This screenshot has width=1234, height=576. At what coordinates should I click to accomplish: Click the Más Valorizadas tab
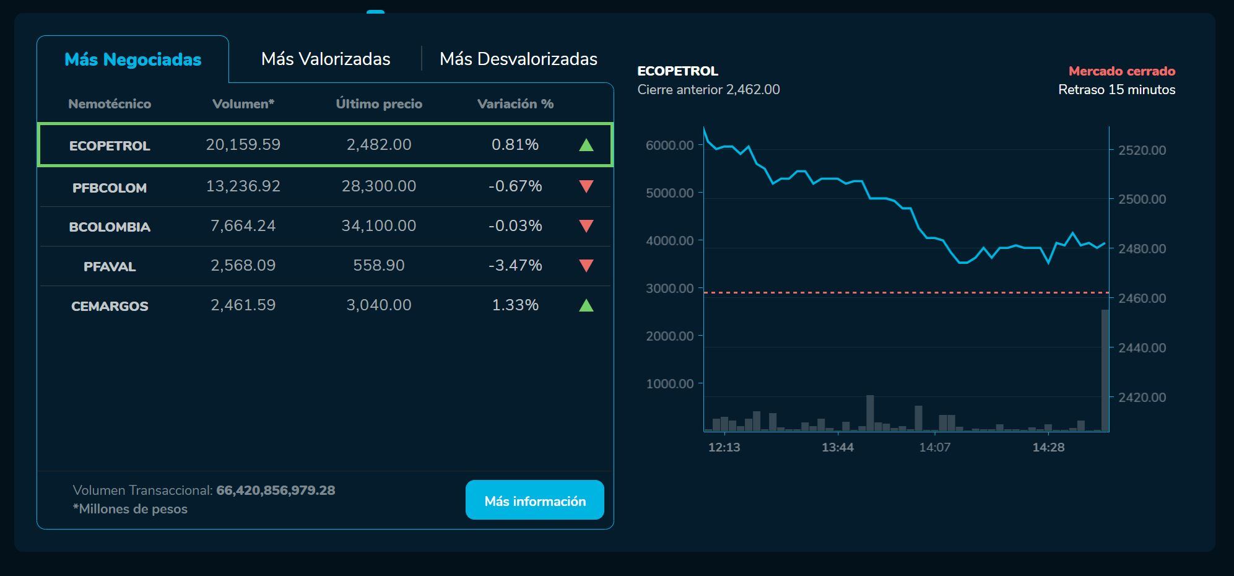pos(326,59)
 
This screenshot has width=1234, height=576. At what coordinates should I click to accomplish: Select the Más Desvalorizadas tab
pos(518,59)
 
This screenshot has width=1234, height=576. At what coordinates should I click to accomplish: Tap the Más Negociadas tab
pos(133,59)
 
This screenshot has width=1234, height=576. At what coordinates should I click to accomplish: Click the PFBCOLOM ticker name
pos(110,188)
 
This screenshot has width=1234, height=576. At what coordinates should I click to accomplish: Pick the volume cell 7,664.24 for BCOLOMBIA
pos(243,225)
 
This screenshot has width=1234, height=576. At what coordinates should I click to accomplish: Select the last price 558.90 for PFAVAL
pos(378,265)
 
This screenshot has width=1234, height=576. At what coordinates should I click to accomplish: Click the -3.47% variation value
pos(515,265)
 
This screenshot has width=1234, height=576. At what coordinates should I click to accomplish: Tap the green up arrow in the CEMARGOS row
pos(586,305)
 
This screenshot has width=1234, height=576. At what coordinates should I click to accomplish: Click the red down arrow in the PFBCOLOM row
pos(586,186)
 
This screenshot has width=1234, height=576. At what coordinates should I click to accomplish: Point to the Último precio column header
pos(379,104)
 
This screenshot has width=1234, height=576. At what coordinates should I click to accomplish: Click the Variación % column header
pos(515,104)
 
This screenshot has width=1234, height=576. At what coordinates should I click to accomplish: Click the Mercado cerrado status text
pos(1121,71)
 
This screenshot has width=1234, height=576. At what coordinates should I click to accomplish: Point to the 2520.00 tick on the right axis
pos(1142,150)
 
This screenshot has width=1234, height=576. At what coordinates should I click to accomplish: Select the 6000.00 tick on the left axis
pos(669,145)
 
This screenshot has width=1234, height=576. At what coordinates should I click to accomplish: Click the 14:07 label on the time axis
pos(934,447)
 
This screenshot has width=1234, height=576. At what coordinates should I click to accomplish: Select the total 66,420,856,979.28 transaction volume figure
pos(276,490)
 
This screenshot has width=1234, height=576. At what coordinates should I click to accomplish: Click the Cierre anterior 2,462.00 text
pos(708,89)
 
